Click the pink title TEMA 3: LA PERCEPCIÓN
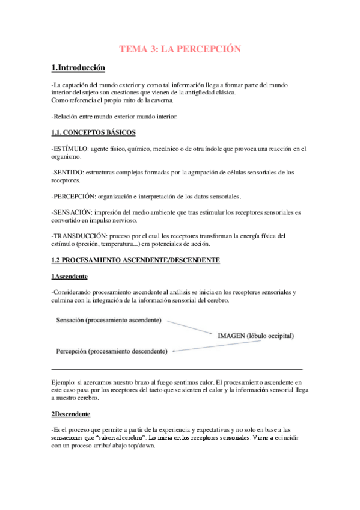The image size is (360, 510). [x=180, y=49]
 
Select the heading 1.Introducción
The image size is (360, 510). [x=78, y=68]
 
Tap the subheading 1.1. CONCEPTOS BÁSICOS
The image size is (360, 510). [x=93, y=132]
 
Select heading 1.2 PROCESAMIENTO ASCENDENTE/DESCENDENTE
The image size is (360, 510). [x=135, y=260]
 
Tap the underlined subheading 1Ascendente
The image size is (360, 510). [x=69, y=276]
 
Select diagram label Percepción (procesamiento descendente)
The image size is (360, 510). [x=112, y=350]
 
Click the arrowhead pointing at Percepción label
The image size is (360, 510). [x=174, y=350]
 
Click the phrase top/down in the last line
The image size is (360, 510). [x=136, y=447]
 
